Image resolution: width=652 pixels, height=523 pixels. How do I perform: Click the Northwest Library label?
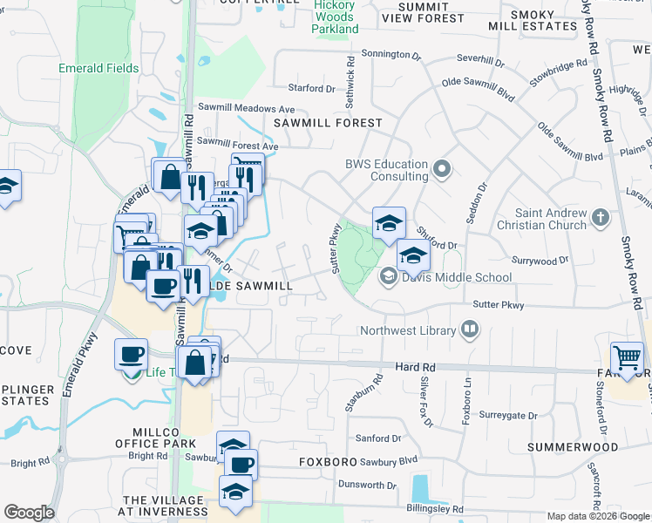(409, 331)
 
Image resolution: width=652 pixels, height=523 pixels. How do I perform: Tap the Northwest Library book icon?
(470, 330)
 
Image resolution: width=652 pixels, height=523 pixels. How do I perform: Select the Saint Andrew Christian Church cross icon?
(601, 217)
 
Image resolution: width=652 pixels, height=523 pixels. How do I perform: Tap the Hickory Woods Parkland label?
(336, 17)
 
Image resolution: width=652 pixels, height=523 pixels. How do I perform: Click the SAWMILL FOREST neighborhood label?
(328, 123)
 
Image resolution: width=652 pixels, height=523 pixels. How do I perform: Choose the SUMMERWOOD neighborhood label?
(574, 447)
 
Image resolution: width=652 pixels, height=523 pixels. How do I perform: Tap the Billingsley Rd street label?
(434, 509)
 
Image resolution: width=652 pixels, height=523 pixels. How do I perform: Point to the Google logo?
(29, 513)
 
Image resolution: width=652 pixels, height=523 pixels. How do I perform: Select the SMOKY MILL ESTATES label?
(533, 19)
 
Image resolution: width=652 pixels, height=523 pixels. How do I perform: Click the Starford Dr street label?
(311, 88)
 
